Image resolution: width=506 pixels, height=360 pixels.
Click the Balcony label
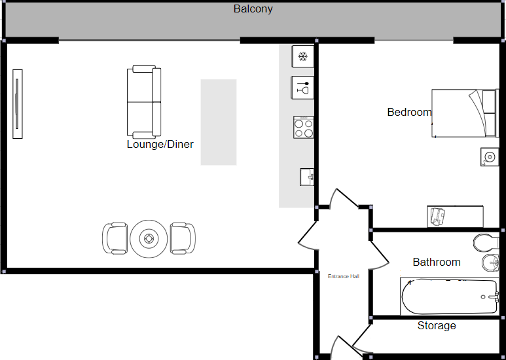(253, 9)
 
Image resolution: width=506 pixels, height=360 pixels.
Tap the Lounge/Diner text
(160, 144)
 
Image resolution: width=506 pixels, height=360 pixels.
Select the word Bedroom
(409, 112)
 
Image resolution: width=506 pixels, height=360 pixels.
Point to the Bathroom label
(437, 262)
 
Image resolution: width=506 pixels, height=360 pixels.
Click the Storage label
(437, 325)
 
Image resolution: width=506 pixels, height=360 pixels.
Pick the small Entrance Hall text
(344, 276)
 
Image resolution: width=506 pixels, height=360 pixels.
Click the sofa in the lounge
(144, 101)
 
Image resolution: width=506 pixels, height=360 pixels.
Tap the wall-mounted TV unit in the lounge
(18, 103)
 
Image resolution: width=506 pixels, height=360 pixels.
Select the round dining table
(149, 238)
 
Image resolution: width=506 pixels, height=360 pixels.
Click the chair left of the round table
(115, 238)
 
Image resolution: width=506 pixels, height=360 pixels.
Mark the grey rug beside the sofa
(219, 122)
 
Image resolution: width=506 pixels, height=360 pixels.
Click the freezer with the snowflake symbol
(302, 56)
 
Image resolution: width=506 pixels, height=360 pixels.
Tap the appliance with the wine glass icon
(302, 86)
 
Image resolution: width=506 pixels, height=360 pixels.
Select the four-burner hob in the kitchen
(303, 127)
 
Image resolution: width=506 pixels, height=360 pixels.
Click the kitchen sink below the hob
(307, 177)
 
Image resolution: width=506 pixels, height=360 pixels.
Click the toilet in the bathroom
(486, 243)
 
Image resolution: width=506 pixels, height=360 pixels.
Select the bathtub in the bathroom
(449, 297)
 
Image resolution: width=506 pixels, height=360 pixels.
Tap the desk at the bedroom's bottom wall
(456, 215)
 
